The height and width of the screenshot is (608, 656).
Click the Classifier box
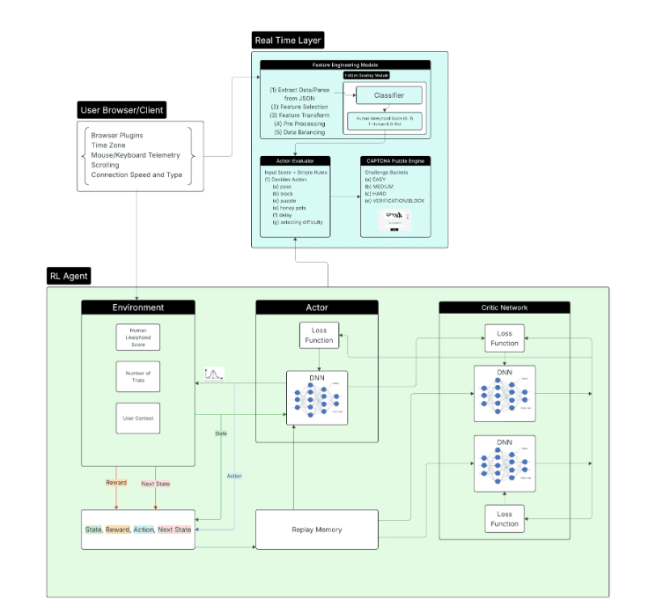[388, 95]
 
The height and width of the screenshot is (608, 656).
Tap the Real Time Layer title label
[288, 41]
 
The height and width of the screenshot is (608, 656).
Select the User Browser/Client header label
[122, 110]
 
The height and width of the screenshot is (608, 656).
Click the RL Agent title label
[69, 276]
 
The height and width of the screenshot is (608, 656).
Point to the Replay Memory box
[316, 530]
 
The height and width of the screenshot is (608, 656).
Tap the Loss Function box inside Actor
[319, 335]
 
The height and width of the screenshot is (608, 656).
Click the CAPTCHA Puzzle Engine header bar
[395, 160]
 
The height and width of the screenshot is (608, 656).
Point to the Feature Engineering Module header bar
[345, 64]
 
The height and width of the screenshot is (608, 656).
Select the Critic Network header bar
[505, 308]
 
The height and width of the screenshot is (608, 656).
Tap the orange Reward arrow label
[116, 483]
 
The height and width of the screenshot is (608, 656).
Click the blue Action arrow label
[234, 476]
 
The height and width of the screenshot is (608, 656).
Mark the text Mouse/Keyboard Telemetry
[135, 155]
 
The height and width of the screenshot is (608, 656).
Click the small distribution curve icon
[214, 374]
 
